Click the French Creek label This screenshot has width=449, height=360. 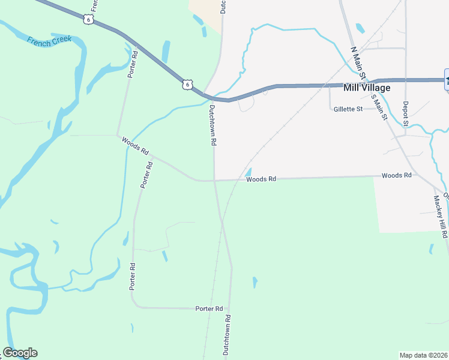[49, 40]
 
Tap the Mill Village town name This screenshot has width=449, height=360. [366, 88]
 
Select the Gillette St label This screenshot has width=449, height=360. [348, 109]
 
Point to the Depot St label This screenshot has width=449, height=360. [405, 114]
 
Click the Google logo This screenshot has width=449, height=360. [20, 353]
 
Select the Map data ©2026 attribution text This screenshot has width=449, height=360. [423, 355]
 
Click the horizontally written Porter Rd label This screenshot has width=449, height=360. [209, 308]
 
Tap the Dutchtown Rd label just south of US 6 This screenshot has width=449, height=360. [212, 126]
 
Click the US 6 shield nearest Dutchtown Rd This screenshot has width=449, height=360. [188, 85]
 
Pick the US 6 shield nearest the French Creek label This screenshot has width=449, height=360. [89, 19]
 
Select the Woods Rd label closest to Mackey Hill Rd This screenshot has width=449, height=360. [396, 175]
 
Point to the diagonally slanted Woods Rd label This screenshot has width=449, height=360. [134, 146]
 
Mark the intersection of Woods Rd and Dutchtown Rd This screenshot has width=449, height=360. [214, 180]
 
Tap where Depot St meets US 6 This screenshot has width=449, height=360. [406, 80]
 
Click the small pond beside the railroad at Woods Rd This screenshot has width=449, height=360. [247, 172]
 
